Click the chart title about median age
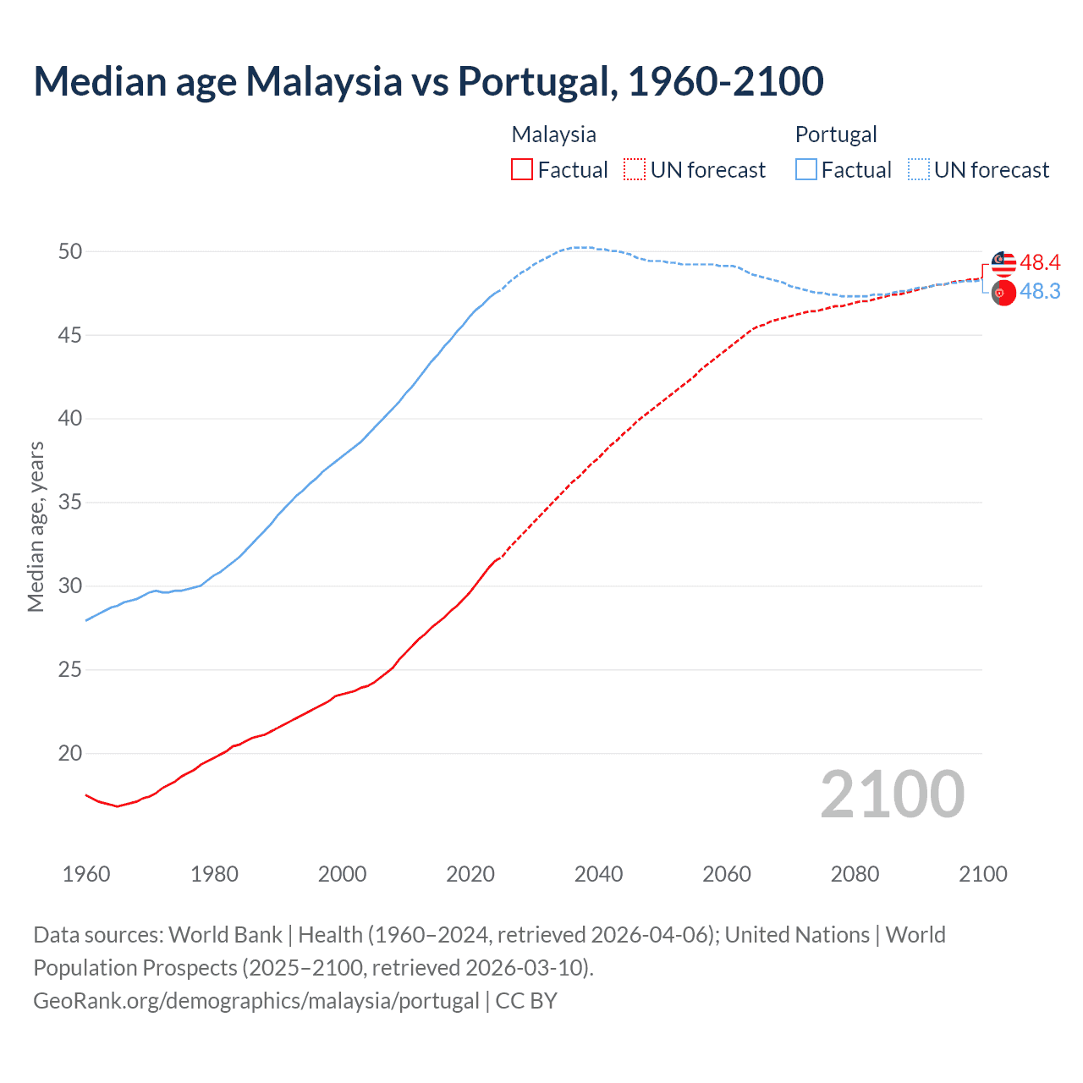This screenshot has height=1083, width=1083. [428, 81]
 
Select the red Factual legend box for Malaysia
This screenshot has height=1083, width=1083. [522, 170]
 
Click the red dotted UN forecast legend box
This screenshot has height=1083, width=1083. [635, 170]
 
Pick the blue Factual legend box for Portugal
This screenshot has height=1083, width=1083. [806, 170]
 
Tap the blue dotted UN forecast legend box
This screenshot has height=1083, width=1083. [919, 170]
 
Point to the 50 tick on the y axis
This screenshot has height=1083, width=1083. [70, 251]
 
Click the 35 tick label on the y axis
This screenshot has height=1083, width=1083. [70, 503]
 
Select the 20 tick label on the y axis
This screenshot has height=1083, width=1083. [70, 753]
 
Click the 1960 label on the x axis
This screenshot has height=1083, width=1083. [86, 874]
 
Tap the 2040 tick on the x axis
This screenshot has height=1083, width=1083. [598, 874]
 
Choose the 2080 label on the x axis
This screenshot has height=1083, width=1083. [855, 874]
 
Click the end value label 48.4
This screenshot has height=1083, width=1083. [1040, 263]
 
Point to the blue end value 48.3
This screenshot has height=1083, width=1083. [1040, 291]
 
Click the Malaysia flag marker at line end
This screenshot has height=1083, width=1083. [1003, 263]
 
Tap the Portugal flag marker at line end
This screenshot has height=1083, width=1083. [1003, 294]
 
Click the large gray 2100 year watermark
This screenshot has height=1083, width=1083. [892, 794]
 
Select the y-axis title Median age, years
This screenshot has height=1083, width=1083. [36, 526]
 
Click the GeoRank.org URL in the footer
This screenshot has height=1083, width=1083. [256, 1001]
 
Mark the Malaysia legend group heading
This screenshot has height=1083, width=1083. [553, 135]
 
